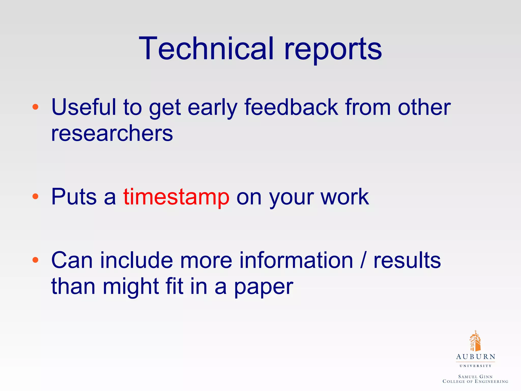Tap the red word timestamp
click(x=176, y=197)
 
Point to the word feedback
click(x=291, y=107)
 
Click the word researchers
click(x=112, y=133)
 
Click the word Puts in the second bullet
click(x=74, y=197)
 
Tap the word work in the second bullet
click(x=344, y=197)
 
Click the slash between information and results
click(x=363, y=260)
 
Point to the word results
click(x=407, y=260)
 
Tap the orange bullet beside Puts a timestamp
click(x=35, y=196)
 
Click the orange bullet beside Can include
click(x=35, y=260)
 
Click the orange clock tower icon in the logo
click(x=475, y=341)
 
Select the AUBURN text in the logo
click(x=475, y=357)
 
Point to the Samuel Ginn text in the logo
click(x=475, y=376)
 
